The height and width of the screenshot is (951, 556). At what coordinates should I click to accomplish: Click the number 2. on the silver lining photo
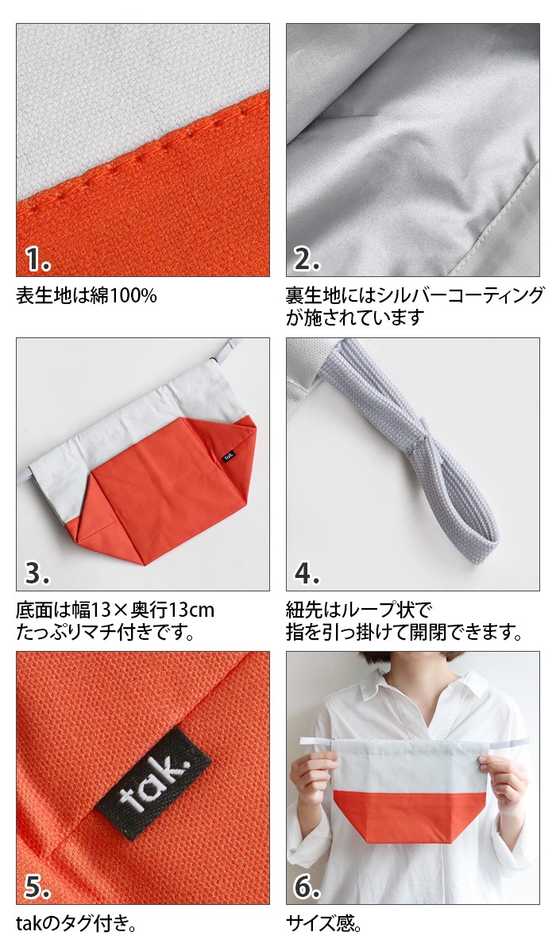click(x=307, y=259)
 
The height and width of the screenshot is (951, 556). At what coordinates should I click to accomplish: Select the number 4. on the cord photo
click(x=307, y=572)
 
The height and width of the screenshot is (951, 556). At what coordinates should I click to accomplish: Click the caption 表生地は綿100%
click(x=87, y=296)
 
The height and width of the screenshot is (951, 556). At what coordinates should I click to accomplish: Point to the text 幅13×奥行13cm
click(x=144, y=610)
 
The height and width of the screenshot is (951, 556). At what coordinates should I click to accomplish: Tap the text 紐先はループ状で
click(x=358, y=610)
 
